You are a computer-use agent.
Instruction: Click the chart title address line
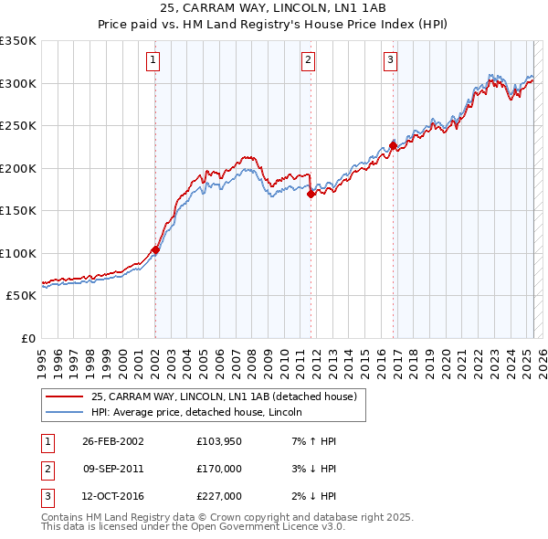tap(273, 9)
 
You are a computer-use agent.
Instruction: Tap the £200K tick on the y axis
tap(18, 168)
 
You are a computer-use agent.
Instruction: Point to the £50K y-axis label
tap(22, 296)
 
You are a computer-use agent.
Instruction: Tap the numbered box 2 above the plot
tap(309, 61)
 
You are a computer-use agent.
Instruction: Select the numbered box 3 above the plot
tap(390, 61)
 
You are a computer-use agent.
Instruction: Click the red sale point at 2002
tap(155, 249)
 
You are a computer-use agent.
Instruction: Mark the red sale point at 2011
tap(311, 194)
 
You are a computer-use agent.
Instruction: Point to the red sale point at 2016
tap(393, 145)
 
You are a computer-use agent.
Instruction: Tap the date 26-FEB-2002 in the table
tap(113, 441)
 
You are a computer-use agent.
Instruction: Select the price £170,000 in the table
tap(219, 469)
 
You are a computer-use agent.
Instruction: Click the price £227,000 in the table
tap(219, 496)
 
